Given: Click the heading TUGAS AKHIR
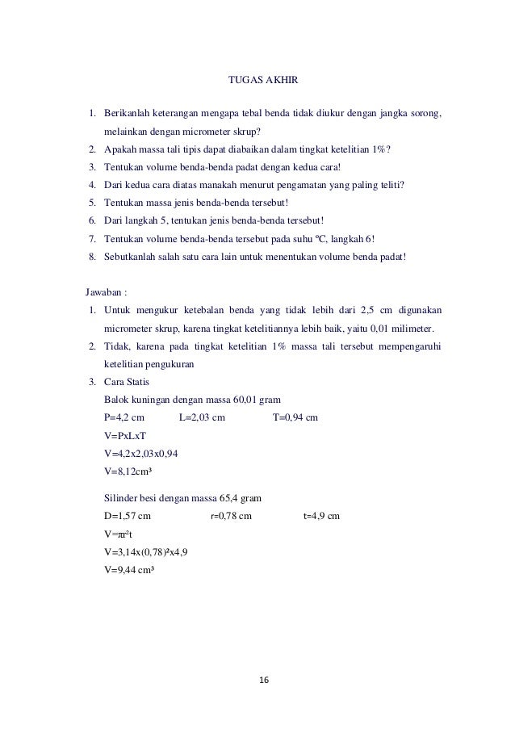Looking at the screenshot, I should (x=258, y=80).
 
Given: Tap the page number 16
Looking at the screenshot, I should (x=258, y=681).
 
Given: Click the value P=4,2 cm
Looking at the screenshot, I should (x=124, y=417).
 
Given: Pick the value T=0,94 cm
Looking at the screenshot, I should (x=295, y=417).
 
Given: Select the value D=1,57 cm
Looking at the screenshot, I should (x=128, y=516).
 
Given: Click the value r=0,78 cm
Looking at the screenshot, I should (x=231, y=516).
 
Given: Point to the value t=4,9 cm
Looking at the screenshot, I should (x=321, y=516).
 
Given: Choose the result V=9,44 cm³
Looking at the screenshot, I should (x=130, y=569).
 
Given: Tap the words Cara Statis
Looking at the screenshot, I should (x=127, y=382).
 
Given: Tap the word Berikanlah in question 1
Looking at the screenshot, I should (x=128, y=114).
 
